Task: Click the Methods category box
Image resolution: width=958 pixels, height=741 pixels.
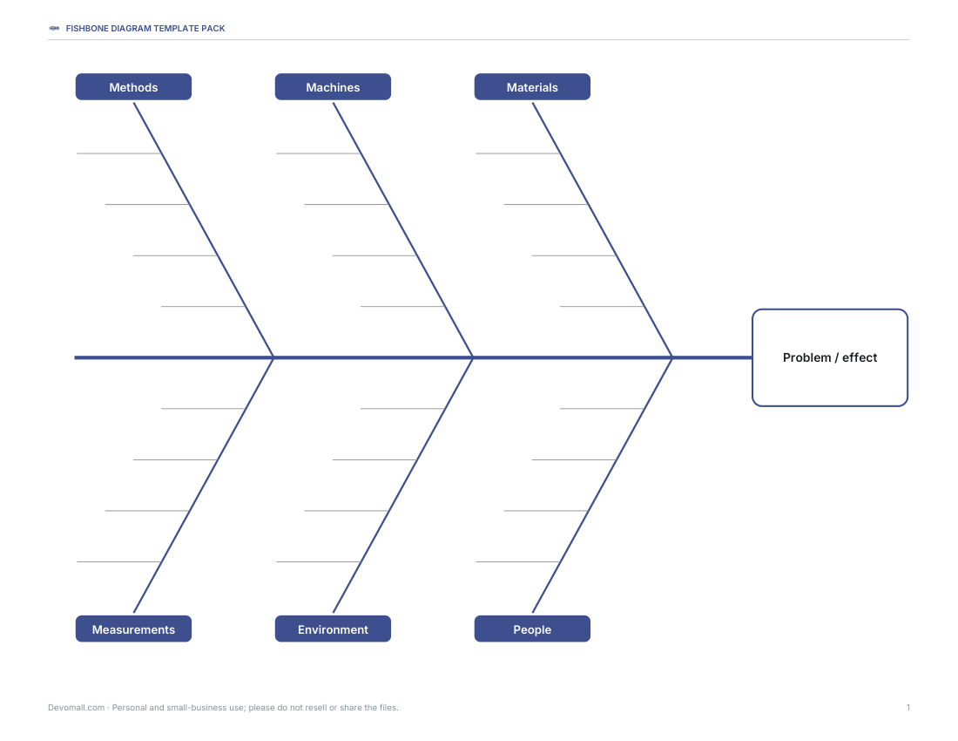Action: point(133,87)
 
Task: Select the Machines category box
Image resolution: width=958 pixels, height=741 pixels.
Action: point(333,87)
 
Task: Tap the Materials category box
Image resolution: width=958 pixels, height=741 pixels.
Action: point(532,87)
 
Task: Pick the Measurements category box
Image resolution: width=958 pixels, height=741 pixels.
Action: point(133,629)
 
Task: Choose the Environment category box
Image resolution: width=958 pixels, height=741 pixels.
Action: point(333,629)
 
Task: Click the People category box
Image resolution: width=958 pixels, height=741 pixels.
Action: point(532,629)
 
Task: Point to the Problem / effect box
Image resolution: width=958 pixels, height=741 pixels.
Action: point(830,357)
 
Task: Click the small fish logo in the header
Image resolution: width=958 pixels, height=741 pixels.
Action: point(54,28)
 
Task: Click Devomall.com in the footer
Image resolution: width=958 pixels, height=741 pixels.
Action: point(77,707)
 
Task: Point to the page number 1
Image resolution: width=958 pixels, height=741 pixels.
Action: point(907,707)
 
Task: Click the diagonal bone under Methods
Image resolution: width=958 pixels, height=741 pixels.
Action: point(204,230)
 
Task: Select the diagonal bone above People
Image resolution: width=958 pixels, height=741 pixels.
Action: point(603,485)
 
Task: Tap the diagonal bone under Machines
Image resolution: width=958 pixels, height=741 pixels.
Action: point(403,230)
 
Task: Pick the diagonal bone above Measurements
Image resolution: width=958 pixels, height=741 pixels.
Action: point(204,485)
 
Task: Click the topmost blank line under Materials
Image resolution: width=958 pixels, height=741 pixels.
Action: point(517,153)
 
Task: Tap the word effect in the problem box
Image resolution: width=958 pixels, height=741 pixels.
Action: point(860,357)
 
